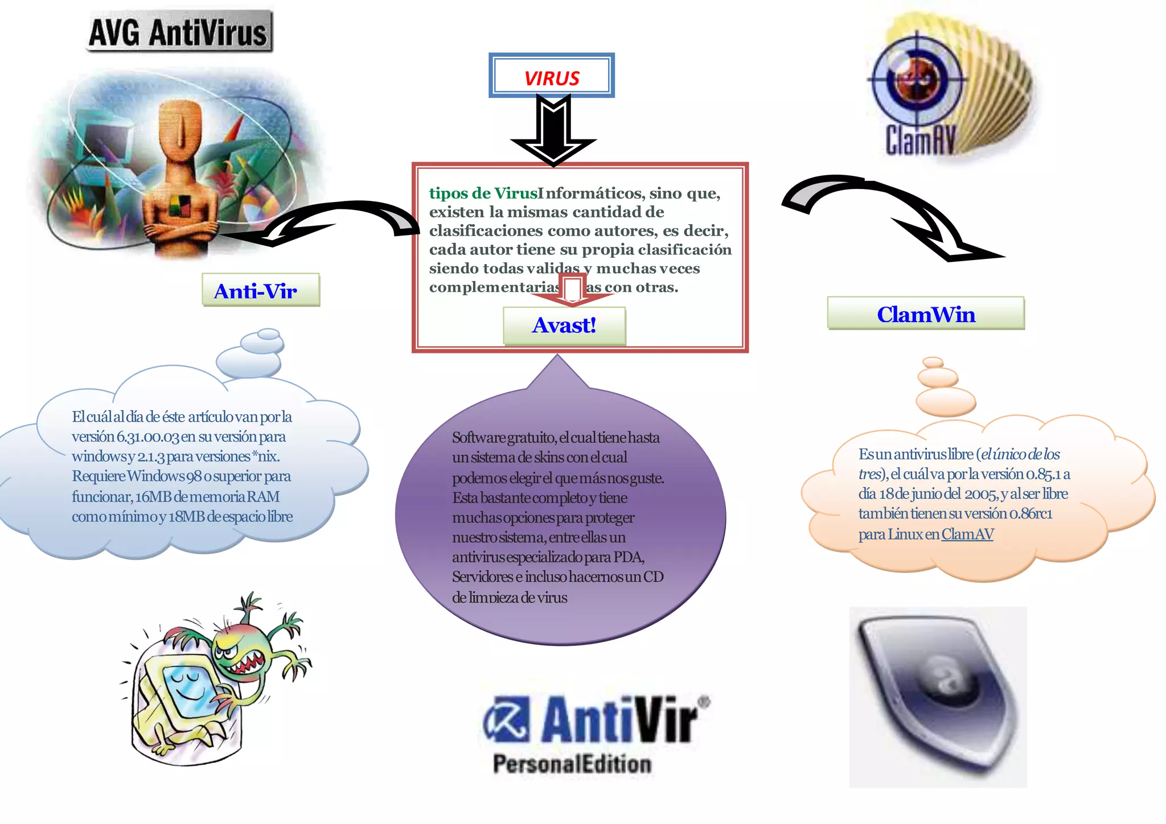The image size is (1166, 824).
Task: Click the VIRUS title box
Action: point(551,76)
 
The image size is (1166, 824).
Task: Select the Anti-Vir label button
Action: point(260,291)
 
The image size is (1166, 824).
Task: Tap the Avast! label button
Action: point(564,326)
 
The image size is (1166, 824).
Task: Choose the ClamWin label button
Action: point(926,314)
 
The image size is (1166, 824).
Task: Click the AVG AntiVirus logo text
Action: point(179,32)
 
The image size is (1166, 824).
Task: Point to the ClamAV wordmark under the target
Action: point(919,141)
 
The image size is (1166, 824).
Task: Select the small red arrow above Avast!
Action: point(572,290)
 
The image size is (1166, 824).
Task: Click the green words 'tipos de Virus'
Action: point(483,193)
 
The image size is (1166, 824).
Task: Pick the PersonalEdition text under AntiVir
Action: point(572,764)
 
